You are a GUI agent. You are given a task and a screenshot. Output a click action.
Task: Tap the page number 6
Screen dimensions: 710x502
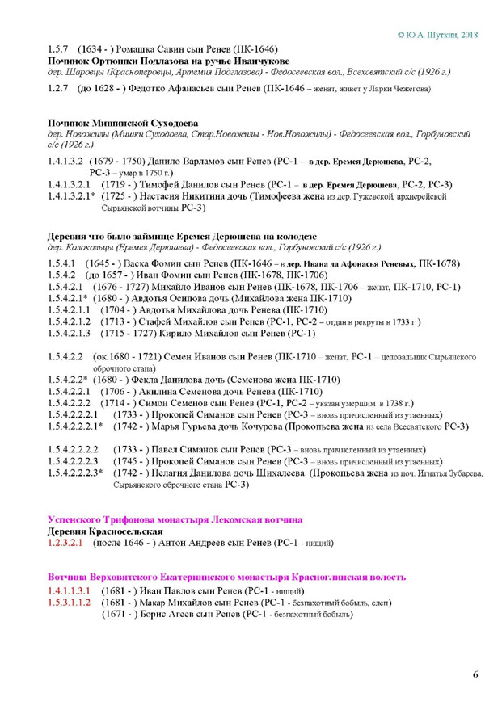pyautogui.click(x=476, y=674)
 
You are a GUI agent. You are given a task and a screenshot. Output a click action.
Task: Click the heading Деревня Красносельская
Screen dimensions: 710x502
pyautogui.click(x=105, y=532)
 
